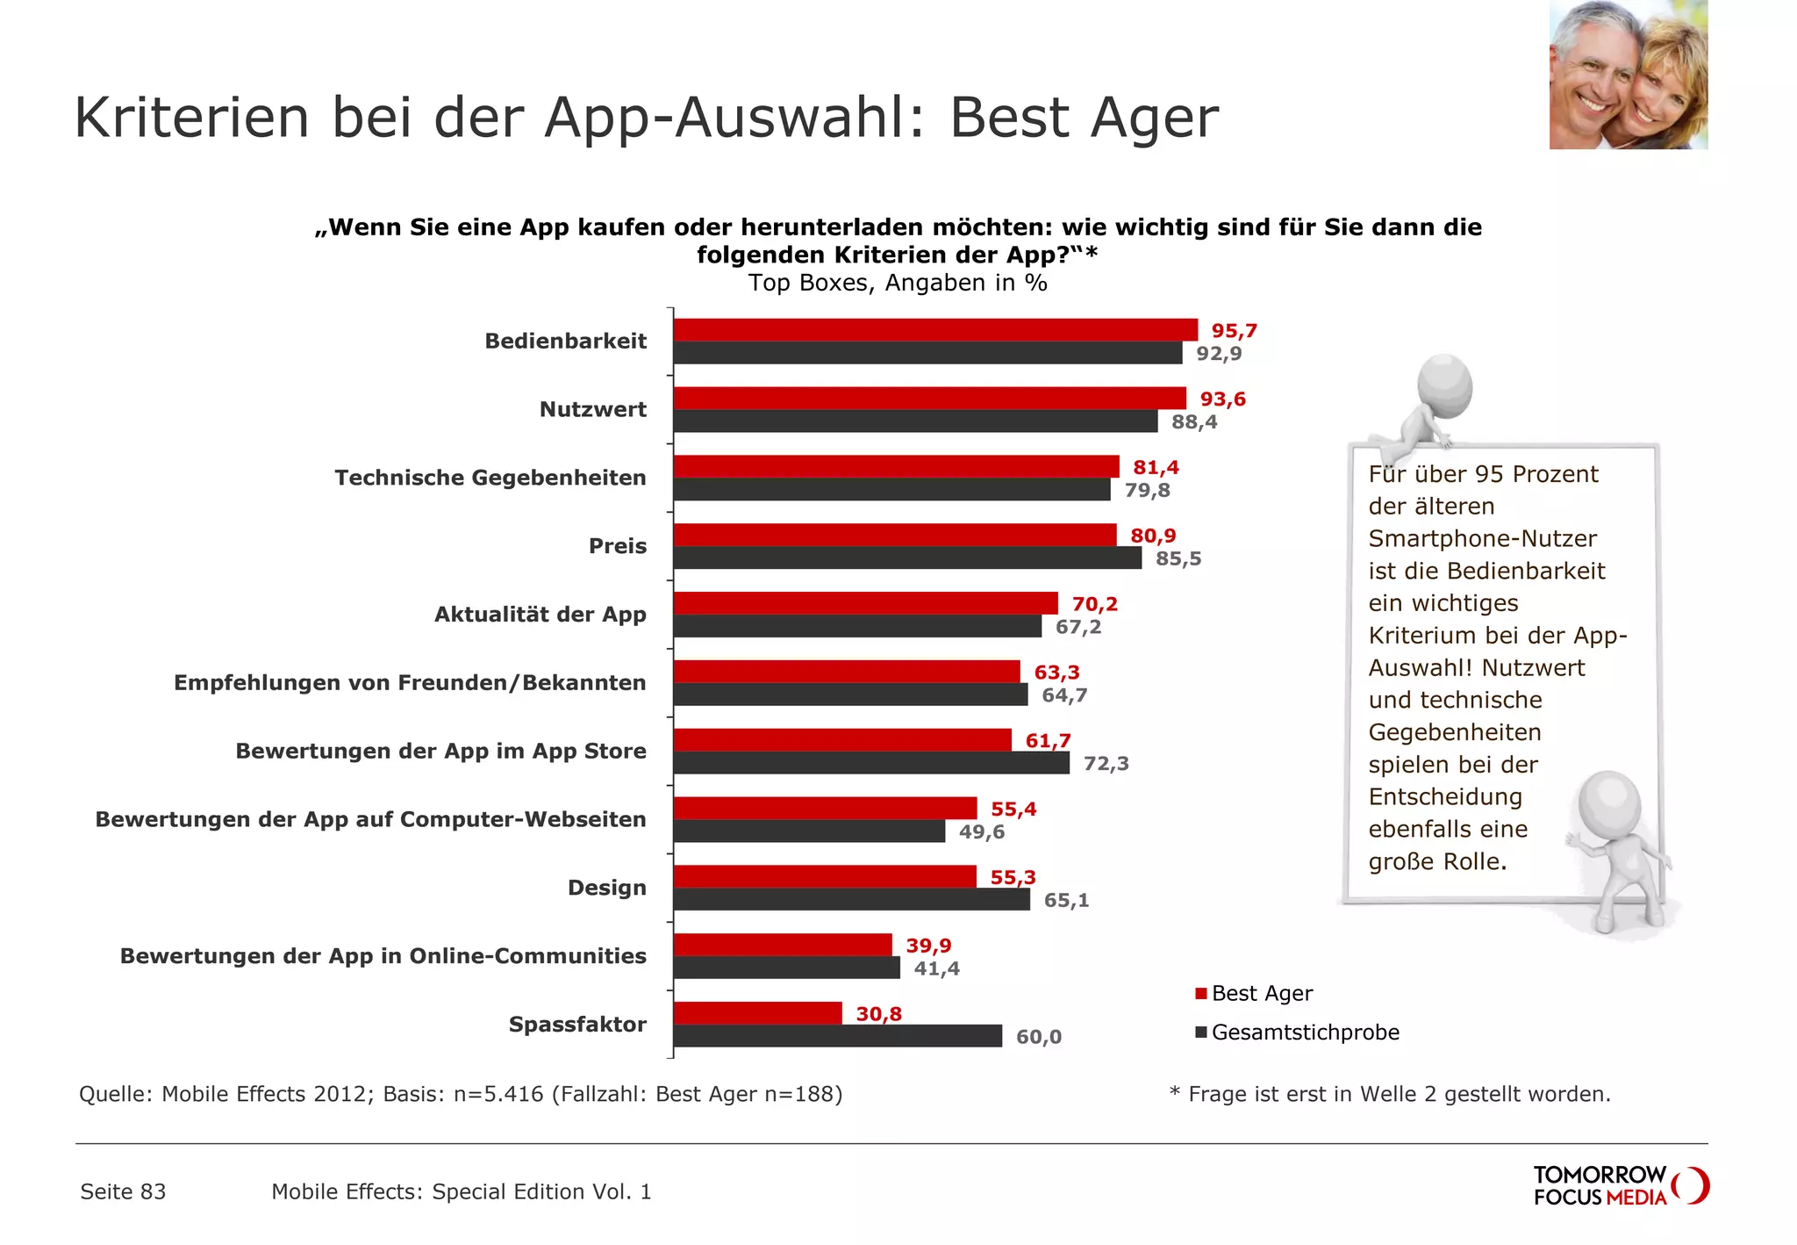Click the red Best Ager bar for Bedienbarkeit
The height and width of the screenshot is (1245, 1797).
coord(934,330)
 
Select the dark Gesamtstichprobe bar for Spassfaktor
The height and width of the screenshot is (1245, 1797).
coord(837,1036)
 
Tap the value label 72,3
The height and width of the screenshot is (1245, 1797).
coord(1106,764)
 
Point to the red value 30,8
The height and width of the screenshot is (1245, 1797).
coord(878,1014)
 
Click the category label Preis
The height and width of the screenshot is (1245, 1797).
coord(617,546)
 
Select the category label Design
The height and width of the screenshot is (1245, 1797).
coord(606,888)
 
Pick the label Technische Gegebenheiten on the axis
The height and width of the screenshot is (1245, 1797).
coord(490,478)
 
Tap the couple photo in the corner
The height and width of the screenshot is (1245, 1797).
coord(1628,75)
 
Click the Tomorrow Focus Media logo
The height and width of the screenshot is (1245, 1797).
coord(1620,1185)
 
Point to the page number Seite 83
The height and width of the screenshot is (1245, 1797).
coord(123,1191)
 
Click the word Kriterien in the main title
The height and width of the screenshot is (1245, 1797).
coord(191,118)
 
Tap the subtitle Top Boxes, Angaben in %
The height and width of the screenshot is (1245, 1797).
coord(897,283)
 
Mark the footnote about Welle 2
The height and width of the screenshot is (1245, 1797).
coord(1390,1094)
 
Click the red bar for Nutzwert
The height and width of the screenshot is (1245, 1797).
coord(929,399)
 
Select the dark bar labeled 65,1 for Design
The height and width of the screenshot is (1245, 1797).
coord(851,899)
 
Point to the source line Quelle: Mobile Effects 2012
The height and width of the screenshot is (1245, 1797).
coord(461,1094)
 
